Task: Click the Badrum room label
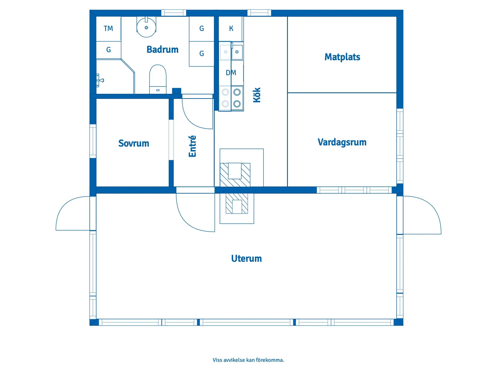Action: (162, 49)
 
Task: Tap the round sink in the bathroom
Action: (146, 27)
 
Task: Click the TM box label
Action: (108, 29)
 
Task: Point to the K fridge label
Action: (231, 29)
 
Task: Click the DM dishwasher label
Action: (231, 73)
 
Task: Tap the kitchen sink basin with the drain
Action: (237, 52)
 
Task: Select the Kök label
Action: (257, 95)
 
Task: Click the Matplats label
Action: (342, 57)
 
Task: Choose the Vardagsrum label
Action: (342, 142)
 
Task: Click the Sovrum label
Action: (133, 143)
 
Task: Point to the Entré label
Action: (192, 146)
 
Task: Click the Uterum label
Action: (246, 259)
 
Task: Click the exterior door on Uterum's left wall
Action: (72, 214)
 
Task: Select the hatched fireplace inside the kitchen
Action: (235, 175)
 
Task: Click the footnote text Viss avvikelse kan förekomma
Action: (248, 360)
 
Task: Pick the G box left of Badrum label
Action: (108, 50)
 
